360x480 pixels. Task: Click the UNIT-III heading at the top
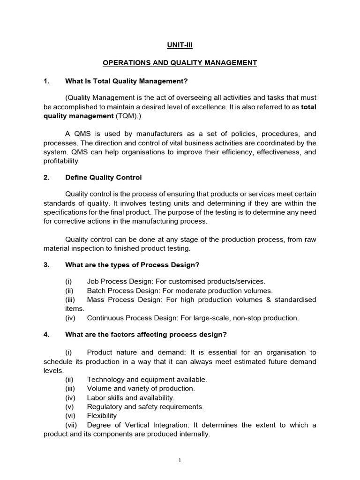[180, 45]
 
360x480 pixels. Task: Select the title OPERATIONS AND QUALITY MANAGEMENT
[180, 63]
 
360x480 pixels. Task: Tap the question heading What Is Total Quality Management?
[126, 81]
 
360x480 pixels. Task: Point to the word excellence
[233, 106]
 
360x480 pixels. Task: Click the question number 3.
[46, 265]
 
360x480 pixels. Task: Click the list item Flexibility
[102, 415]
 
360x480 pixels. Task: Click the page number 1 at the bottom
[180, 461]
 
